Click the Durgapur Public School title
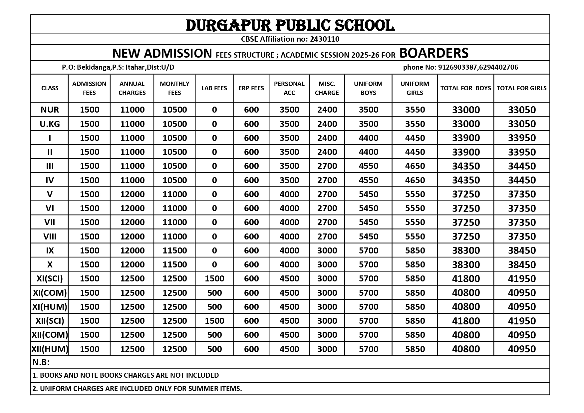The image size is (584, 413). (x=290, y=25)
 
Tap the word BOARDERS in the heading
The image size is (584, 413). (x=434, y=53)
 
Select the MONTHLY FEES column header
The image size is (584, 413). (x=174, y=88)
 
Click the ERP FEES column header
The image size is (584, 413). (x=251, y=88)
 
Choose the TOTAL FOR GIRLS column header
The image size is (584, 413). (x=521, y=88)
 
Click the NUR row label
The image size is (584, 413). (x=50, y=110)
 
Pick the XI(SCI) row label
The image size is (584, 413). (x=50, y=278)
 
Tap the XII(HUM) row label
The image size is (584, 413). (x=50, y=349)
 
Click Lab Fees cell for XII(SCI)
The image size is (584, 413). (x=214, y=321)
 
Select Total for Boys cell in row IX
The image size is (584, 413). (x=465, y=250)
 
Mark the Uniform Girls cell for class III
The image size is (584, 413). (x=415, y=166)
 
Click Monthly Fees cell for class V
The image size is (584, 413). (x=174, y=194)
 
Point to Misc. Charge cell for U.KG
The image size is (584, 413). (x=327, y=124)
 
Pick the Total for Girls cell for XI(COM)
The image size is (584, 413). (x=521, y=293)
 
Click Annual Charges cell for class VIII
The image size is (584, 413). (x=132, y=236)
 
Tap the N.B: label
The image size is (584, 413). (x=41, y=362)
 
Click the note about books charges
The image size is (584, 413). (x=126, y=375)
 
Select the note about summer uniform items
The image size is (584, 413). (x=137, y=389)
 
